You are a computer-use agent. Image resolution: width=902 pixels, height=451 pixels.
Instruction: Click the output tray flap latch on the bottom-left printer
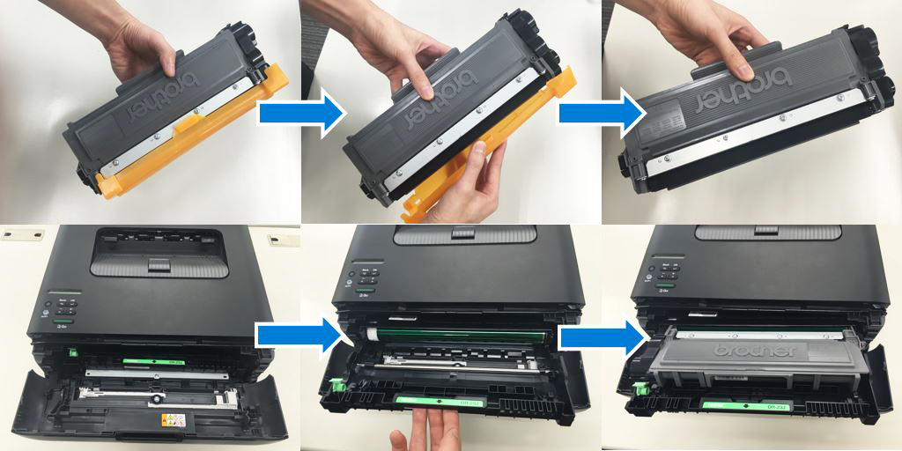[159, 262]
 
